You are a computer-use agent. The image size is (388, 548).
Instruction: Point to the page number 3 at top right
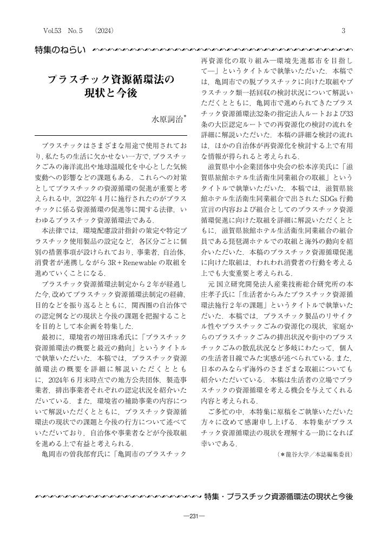pyautogui.click(x=343, y=32)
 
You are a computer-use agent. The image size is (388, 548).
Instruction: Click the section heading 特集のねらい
pyautogui.click(x=60, y=51)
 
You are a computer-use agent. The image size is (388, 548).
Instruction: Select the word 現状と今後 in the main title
pyautogui.click(x=111, y=93)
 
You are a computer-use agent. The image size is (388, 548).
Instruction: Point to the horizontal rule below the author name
pyautogui.click(x=111, y=135)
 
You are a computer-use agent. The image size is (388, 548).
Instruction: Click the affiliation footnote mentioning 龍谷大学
pyautogui.click(x=314, y=455)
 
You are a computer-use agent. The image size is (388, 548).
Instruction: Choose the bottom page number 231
pyautogui.click(x=194, y=516)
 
